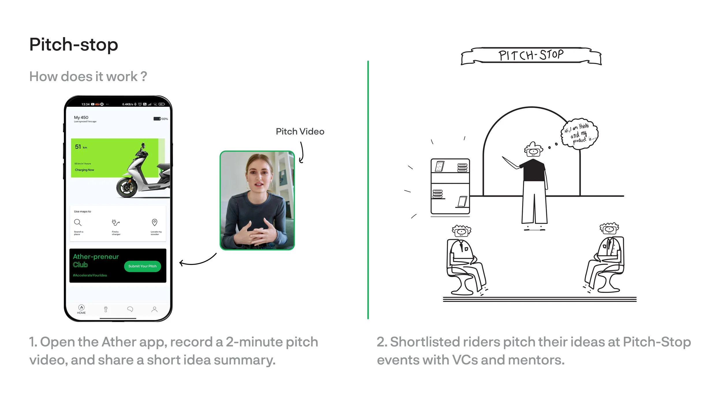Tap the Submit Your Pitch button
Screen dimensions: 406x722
[142, 266]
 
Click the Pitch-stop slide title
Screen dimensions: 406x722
[74, 45]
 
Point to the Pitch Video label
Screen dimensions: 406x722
[300, 132]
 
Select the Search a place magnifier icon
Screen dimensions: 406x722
[78, 222]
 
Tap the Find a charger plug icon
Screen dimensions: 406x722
[116, 222]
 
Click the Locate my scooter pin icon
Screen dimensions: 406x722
[155, 222]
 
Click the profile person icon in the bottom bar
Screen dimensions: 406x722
[155, 309]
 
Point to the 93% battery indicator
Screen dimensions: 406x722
[161, 119]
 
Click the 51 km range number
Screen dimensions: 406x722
[78, 147]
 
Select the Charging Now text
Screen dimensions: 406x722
[84, 170]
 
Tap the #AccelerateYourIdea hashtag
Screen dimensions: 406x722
[90, 275]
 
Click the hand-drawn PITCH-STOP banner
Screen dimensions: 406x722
[531, 55]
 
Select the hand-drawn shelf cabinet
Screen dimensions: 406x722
[450, 186]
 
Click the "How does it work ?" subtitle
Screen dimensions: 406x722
[88, 77]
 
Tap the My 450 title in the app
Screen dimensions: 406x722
[81, 117]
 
